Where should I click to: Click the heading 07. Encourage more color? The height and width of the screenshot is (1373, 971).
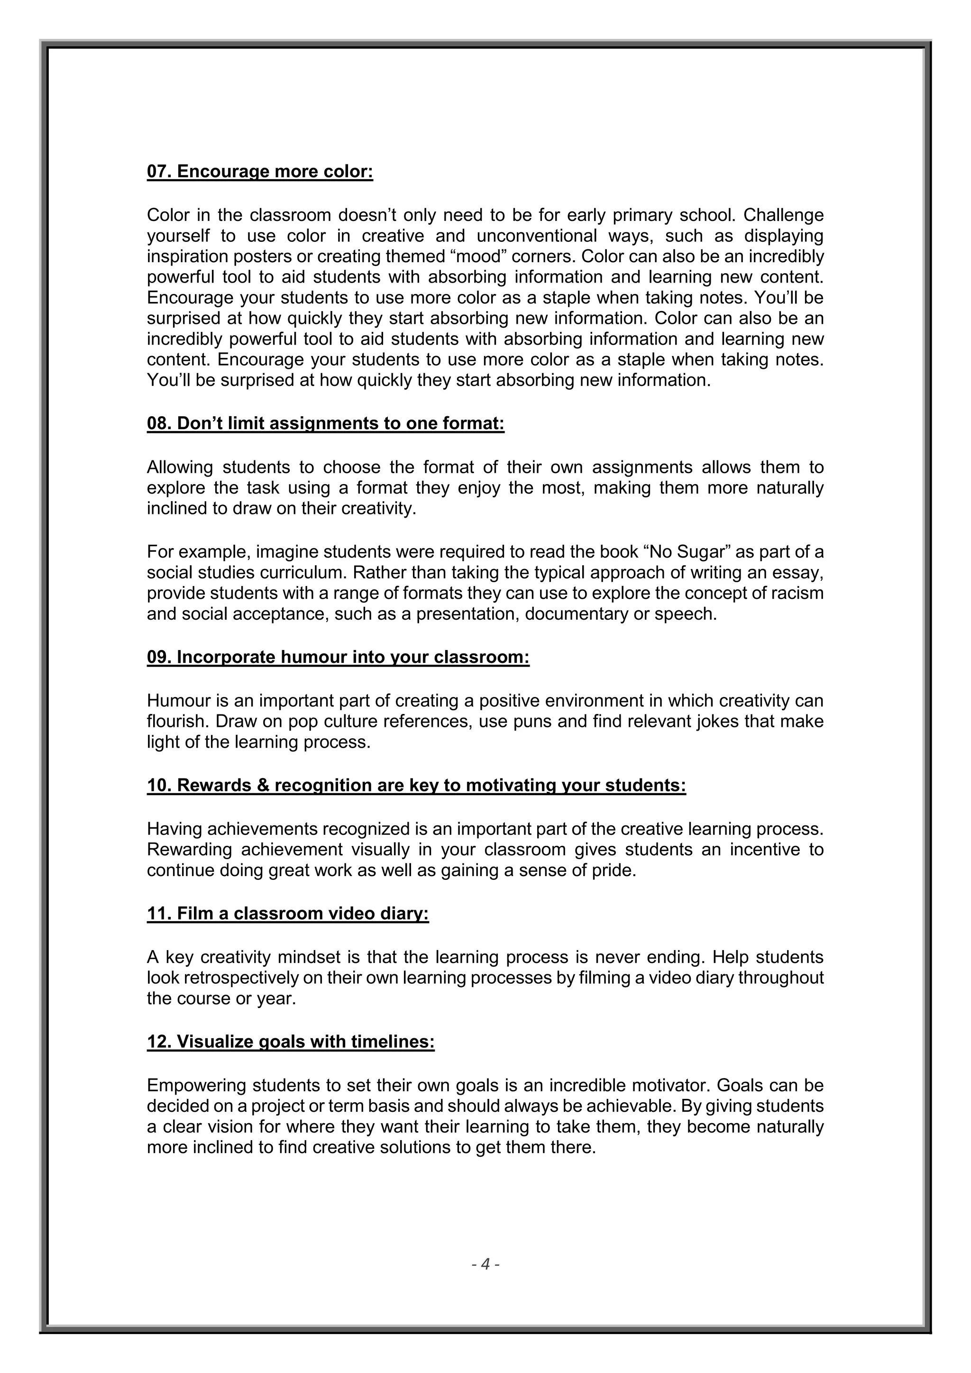point(260,172)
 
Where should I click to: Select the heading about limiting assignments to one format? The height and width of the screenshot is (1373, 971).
point(326,423)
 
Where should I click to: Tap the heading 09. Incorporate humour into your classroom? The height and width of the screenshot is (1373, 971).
point(339,657)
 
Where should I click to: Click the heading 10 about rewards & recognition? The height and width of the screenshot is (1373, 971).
point(417,785)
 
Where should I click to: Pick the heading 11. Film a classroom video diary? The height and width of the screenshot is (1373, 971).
point(288,914)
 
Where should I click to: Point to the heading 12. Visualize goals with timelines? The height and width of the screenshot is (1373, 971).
point(291,1042)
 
